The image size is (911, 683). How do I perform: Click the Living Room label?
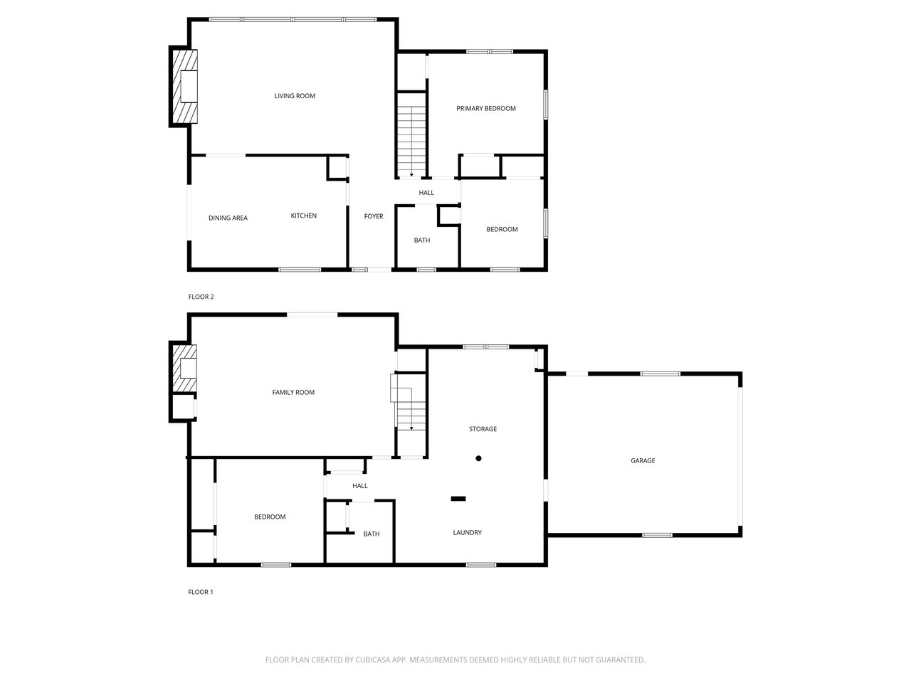coord(295,96)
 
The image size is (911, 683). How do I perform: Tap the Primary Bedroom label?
coord(485,108)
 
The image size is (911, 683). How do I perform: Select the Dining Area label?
coord(228,218)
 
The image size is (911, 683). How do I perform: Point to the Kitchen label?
coord(303,216)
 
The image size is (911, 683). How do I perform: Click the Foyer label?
coord(374,216)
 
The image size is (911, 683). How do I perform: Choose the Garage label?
coord(643,460)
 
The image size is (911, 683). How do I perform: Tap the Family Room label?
coord(293,392)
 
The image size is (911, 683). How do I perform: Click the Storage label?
coord(483,429)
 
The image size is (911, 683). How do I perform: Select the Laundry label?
coord(468,532)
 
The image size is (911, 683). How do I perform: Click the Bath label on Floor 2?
coord(422,240)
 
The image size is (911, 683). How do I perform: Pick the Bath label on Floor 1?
coord(372,534)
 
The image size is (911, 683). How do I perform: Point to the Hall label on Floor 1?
coord(360,486)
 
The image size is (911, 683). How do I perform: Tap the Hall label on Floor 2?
coord(426,193)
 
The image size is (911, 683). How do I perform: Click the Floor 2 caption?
coord(201,297)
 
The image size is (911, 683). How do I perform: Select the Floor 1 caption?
coord(200,592)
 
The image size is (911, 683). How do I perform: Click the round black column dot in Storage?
coord(479,458)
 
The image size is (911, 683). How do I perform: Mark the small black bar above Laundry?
coord(458,499)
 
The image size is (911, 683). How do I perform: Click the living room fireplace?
coord(184,87)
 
